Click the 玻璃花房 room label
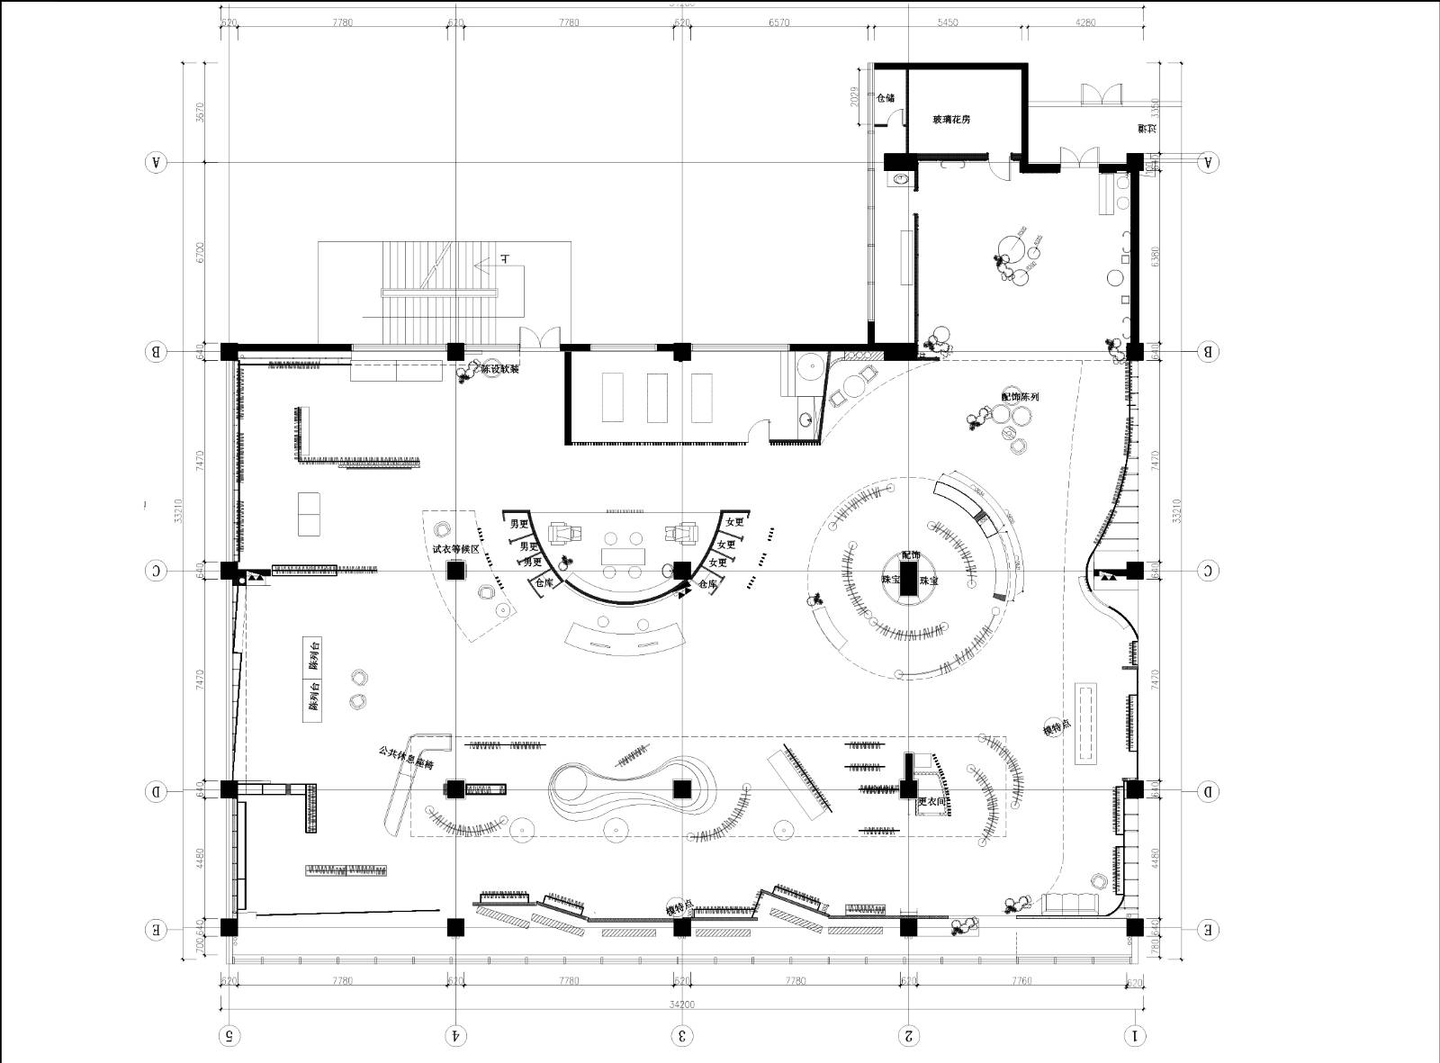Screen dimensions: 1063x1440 [951, 119]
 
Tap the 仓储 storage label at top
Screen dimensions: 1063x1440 [886, 98]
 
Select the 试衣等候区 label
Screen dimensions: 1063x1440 [455, 548]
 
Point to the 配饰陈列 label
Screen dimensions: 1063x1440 [1020, 396]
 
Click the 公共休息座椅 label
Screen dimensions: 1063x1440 [406, 758]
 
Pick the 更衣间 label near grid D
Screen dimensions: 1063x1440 [931, 801]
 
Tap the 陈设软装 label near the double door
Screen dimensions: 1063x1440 [499, 369]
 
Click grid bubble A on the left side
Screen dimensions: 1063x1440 [157, 163]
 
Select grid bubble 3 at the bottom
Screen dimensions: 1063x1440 [682, 1036]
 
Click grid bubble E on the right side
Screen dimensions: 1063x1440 [1208, 930]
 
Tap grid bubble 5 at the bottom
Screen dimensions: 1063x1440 [229, 1036]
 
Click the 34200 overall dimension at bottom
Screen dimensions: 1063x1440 [682, 1004]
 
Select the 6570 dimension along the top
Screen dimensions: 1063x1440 [778, 23]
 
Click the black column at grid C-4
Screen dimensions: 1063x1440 [455, 571]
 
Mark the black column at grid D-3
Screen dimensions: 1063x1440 [682, 790]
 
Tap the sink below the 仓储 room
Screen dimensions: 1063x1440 [898, 180]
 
